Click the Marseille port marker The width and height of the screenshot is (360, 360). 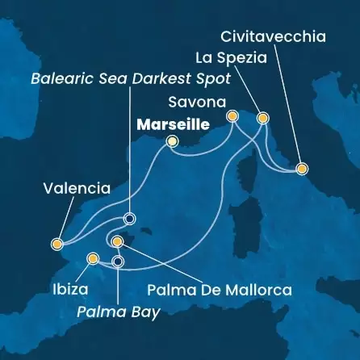pyautogui.click(x=171, y=142)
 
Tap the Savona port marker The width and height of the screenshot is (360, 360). pyautogui.click(x=232, y=116)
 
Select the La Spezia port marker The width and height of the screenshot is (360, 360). pyautogui.click(x=262, y=118)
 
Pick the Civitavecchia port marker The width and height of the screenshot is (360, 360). pyautogui.click(x=301, y=169)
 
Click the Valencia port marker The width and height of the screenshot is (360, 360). pyautogui.click(x=57, y=243)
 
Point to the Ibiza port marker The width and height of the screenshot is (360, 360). pyautogui.click(x=93, y=258)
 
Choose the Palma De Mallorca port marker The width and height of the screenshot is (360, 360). pyautogui.click(x=118, y=241)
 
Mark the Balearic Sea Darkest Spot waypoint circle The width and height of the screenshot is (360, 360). pyautogui.click(x=128, y=218)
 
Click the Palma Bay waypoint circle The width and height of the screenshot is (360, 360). pyautogui.click(x=119, y=261)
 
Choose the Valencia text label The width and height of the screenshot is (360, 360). pyautogui.click(x=77, y=189)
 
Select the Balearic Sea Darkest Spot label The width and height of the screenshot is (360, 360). pyautogui.click(x=130, y=80)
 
